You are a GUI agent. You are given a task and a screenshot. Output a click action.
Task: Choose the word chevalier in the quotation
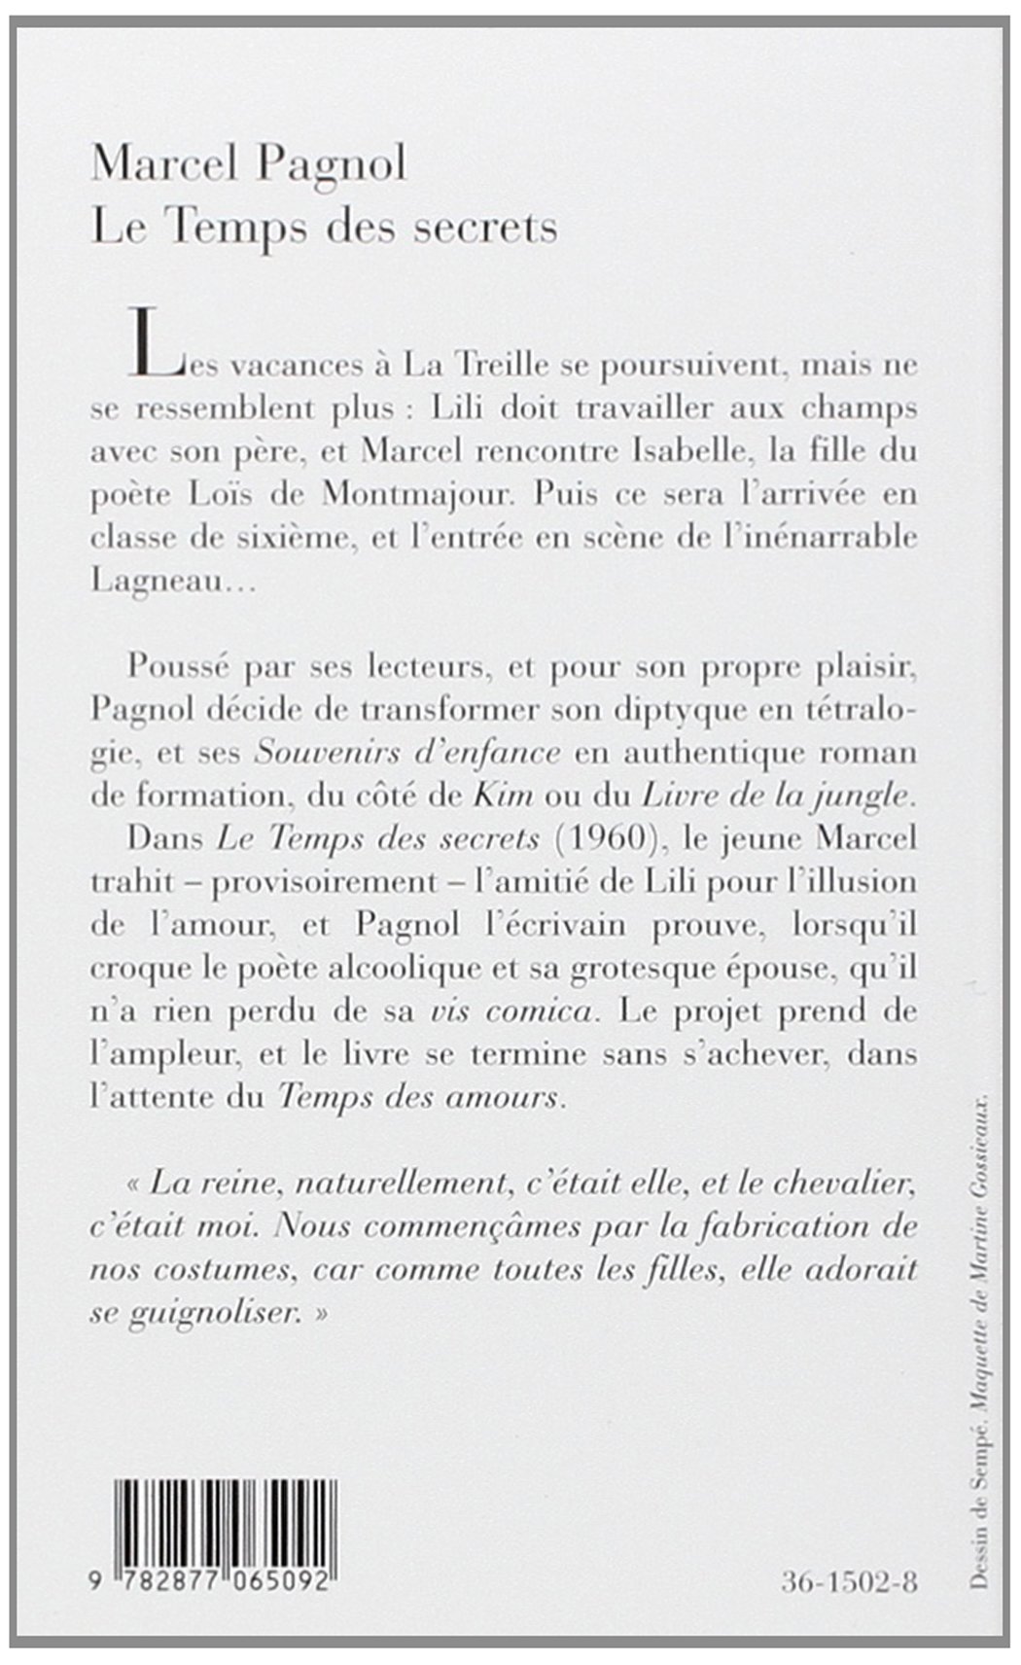pos(845,1185)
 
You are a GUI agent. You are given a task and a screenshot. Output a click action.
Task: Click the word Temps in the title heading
pos(219,227)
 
